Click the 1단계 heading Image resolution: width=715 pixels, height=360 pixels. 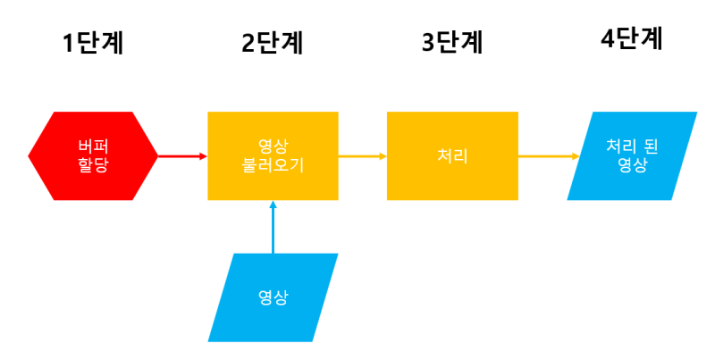pyautogui.click(x=93, y=42)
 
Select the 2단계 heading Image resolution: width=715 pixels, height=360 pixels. pyautogui.click(x=273, y=42)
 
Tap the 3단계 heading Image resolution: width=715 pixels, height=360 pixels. pyautogui.click(x=452, y=42)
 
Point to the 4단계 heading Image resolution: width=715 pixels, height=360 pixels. pyautogui.click(x=631, y=40)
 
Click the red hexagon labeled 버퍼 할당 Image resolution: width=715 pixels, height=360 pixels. pyautogui.click(x=93, y=155)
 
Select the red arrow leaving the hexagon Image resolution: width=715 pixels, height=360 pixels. pyautogui.click(x=182, y=155)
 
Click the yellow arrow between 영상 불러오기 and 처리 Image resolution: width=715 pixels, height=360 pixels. pyautogui.click(x=362, y=155)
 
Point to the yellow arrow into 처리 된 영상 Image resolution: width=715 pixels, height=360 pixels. pyautogui.click(x=548, y=155)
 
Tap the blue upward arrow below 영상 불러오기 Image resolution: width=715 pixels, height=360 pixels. pyautogui.click(x=273, y=227)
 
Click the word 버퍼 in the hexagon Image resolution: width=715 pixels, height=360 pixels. pyautogui.click(x=93, y=146)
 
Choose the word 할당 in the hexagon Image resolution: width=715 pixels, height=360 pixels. pyautogui.click(x=93, y=165)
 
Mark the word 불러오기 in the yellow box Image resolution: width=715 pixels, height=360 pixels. pyautogui.click(x=273, y=165)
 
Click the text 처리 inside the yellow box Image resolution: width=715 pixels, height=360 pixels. pyautogui.click(x=452, y=155)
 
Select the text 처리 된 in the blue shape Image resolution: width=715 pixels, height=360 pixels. pyautogui.click(x=632, y=146)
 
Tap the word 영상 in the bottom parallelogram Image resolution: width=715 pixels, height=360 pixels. pyautogui.click(x=273, y=297)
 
